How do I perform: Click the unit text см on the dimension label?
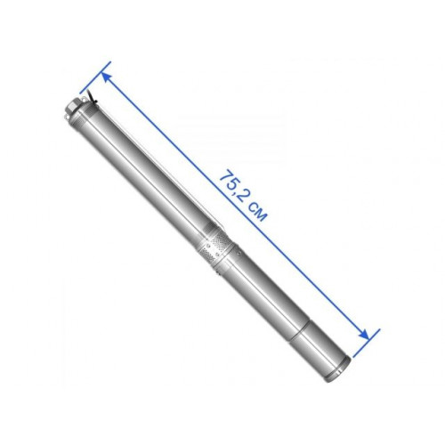coord(257,213)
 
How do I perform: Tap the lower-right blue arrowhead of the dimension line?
coord(364,335)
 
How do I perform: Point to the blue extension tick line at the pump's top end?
coord(95,77)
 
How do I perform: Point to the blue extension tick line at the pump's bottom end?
coord(366,343)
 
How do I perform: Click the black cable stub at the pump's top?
coord(93,100)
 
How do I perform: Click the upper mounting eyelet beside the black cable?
coord(84,99)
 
